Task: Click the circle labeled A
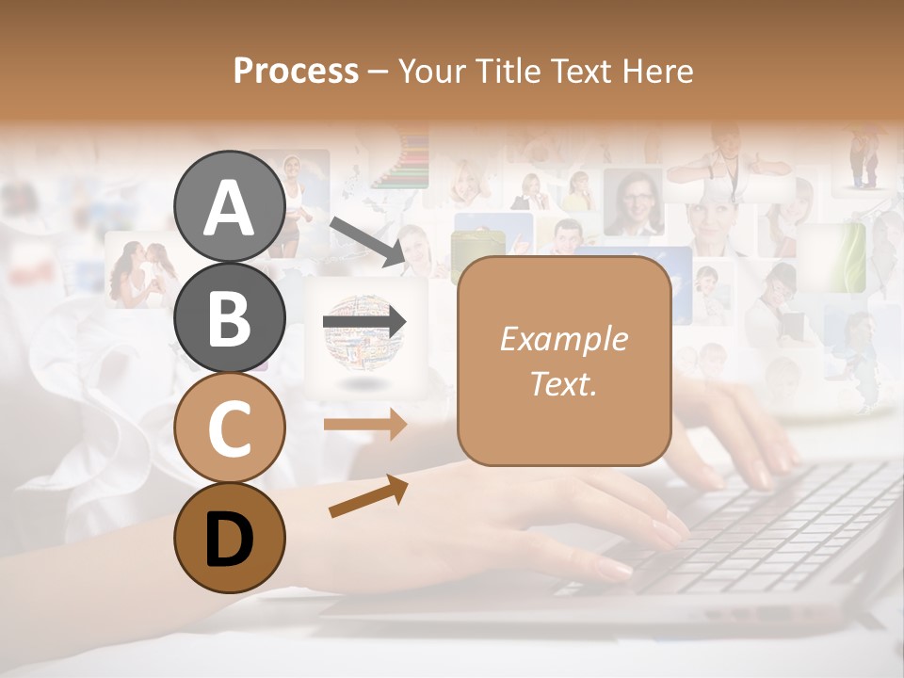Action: (x=230, y=206)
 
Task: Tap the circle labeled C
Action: (x=230, y=428)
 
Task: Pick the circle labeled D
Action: (x=230, y=538)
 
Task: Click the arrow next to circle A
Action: (x=367, y=240)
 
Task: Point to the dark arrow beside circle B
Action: (x=364, y=322)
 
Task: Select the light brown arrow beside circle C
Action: (x=364, y=424)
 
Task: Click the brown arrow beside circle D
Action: (x=368, y=495)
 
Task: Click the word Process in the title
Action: (x=296, y=71)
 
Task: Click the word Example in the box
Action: (x=563, y=339)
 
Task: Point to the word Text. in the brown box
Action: (x=563, y=383)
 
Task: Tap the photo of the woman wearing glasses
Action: (x=632, y=202)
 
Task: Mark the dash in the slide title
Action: (x=378, y=72)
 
